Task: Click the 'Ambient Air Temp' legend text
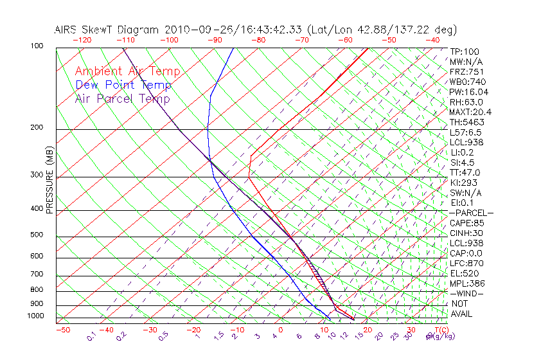(x=127, y=71)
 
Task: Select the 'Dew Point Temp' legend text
(x=123, y=85)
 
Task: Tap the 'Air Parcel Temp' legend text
(x=123, y=98)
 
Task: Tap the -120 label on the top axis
(x=82, y=40)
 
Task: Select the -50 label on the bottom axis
(x=62, y=330)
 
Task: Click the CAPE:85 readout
(x=466, y=223)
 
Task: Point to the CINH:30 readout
(x=466, y=233)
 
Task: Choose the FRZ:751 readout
(x=466, y=71)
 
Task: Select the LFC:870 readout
(x=466, y=263)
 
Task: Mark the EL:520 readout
(x=465, y=273)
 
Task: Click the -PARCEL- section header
(x=471, y=213)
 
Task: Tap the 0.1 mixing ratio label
(x=91, y=336)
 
